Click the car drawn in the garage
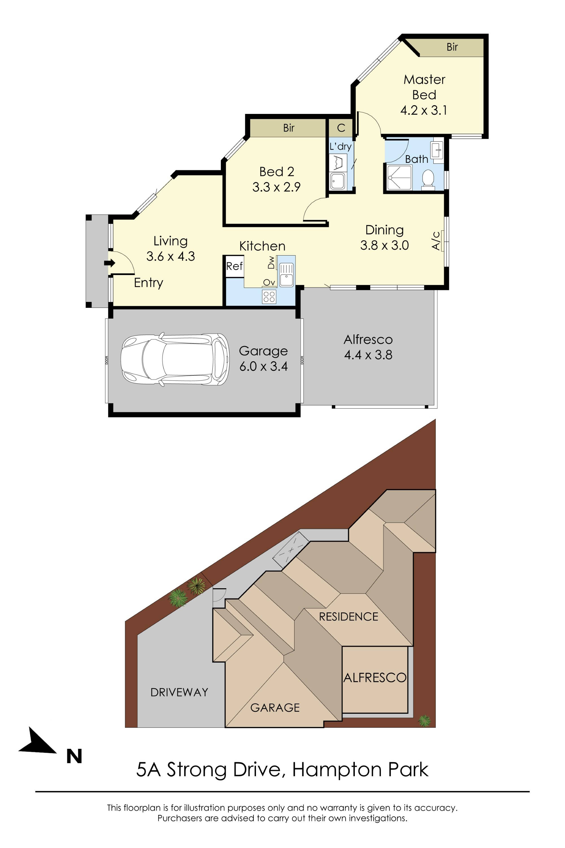175,359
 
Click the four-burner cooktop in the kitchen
269,296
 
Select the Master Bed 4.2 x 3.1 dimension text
424,110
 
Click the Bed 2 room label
277,172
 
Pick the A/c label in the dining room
436,241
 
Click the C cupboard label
341,128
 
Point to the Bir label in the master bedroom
452,47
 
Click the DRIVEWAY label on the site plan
179,692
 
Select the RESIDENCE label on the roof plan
348,616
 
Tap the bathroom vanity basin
437,149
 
